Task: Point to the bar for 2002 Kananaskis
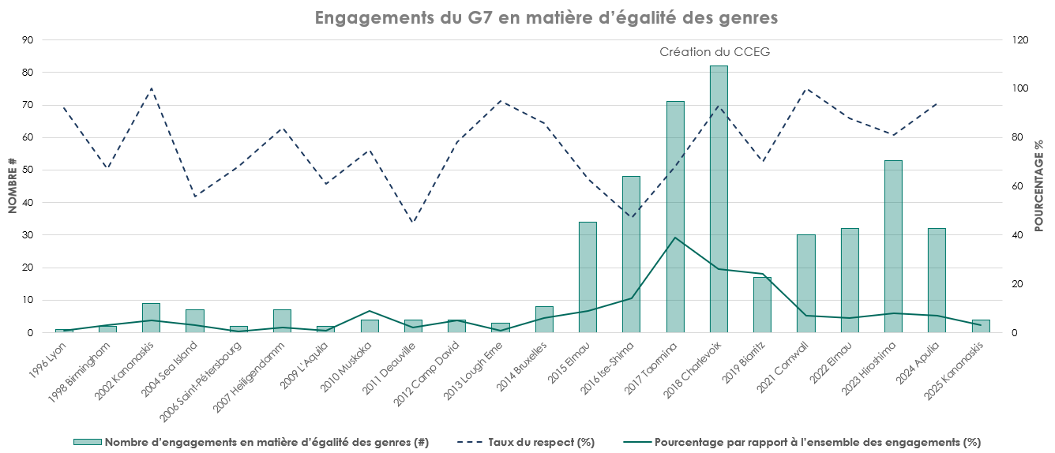coord(152,318)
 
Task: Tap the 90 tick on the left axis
coord(28,39)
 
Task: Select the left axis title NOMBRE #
coord(12,185)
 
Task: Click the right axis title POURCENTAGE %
coord(1039,185)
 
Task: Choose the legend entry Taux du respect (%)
coord(541,442)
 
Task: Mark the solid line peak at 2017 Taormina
coord(675,238)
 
